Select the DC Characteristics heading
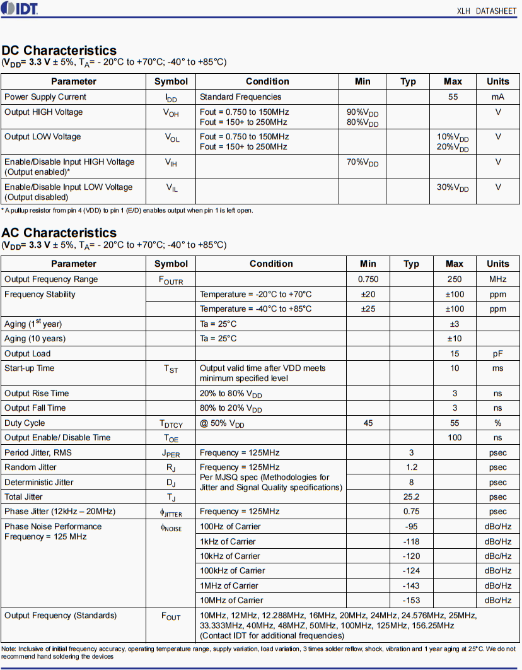(x=59, y=50)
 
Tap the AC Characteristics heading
(x=59, y=233)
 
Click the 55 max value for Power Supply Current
(x=453, y=97)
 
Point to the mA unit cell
(x=498, y=97)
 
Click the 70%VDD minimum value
(x=362, y=163)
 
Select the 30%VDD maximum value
(x=453, y=188)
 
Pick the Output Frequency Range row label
(x=51, y=279)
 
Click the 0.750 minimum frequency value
(x=368, y=279)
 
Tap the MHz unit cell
(x=498, y=279)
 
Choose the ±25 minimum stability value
(x=368, y=309)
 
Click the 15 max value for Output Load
(x=455, y=354)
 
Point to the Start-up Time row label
(x=30, y=368)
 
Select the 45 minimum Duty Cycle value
(x=368, y=423)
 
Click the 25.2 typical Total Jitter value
(x=412, y=497)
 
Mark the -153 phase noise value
(x=412, y=601)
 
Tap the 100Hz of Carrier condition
(x=230, y=527)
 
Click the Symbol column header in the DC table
(x=171, y=81)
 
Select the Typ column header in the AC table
(x=412, y=264)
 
